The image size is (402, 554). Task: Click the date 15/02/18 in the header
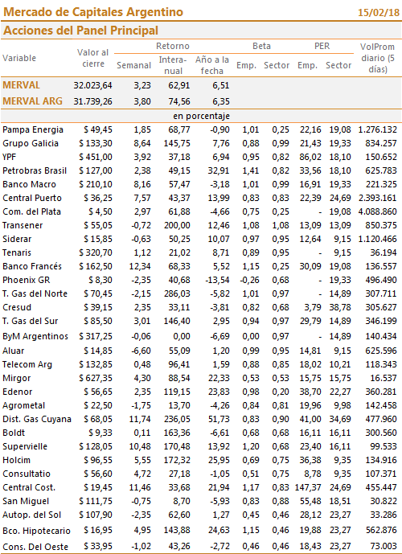click(x=379, y=13)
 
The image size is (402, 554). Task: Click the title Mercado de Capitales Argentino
click(x=93, y=12)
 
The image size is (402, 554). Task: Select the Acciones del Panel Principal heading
click(x=80, y=31)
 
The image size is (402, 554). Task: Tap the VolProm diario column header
click(x=377, y=58)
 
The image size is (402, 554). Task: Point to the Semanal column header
click(x=134, y=65)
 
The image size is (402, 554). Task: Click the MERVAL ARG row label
click(x=32, y=101)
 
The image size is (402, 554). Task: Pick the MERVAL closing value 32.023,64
click(x=93, y=85)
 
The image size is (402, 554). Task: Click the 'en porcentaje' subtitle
click(x=201, y=117)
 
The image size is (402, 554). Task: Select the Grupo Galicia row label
click(x=31, y=143)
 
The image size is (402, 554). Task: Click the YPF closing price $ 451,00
click(x=96, y=158)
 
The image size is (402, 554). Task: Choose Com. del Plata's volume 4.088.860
click(x=378, y=212)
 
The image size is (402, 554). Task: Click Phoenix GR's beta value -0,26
click(x=250, y=280)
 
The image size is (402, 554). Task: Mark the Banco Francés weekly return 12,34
click(x=140, y=266)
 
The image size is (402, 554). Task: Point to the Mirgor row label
click(x=17, y=379)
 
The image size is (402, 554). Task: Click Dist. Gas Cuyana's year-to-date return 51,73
click(x=219, y=420)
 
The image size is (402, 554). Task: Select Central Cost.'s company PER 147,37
click(x=308, y=488)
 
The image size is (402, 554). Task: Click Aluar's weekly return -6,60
click(x=141, y=351)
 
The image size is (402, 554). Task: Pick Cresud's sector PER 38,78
click(x=340, y=308)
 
